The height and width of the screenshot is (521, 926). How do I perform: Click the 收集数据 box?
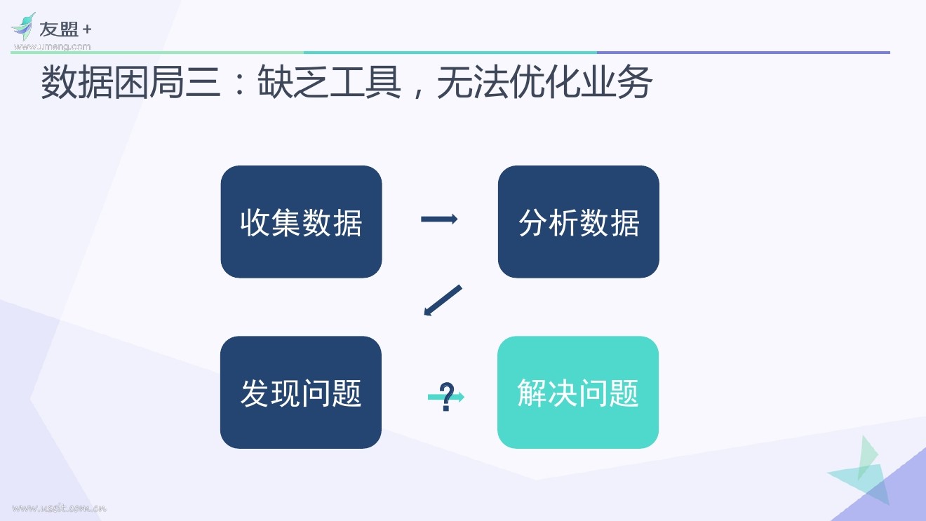point(301,222)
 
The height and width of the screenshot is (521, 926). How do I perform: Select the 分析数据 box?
point(578,222)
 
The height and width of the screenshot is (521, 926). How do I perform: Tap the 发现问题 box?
point(301,392)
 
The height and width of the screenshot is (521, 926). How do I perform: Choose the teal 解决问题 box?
point(578,392)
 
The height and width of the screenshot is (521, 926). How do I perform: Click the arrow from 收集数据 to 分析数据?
point(439,219)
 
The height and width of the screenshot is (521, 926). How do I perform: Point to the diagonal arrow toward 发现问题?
point(443,300)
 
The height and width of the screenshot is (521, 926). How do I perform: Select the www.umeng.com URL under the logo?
point(52,46)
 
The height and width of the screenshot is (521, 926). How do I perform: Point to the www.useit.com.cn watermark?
point(59,508)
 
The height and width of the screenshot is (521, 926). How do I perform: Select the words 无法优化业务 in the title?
point(544,84)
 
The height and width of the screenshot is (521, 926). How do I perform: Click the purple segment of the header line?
point(743,53)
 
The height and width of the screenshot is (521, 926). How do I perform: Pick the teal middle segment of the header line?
point(450,53)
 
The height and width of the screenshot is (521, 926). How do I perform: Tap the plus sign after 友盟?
point(86,30)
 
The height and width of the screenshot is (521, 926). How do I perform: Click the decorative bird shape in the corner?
point(861,468)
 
